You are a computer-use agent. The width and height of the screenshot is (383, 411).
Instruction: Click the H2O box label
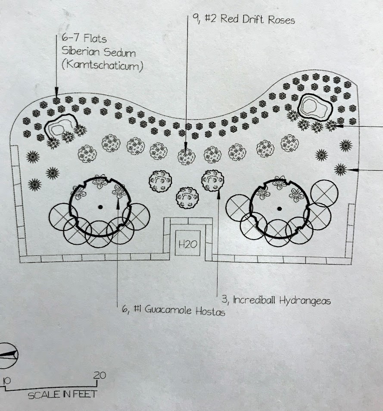(188, 244)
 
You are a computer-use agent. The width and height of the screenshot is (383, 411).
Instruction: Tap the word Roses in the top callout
(280, 20)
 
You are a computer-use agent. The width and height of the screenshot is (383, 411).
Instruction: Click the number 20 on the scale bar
(99, 375)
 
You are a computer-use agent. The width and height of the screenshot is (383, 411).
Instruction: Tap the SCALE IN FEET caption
(62, 394)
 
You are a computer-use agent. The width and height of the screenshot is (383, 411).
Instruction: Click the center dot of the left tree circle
(100, 207)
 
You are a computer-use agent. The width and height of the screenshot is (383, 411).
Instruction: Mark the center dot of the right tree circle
(280, 209)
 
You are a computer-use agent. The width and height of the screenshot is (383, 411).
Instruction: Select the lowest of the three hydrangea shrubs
(187, 198)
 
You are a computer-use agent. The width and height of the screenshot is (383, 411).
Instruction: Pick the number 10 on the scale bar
(6, 381)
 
